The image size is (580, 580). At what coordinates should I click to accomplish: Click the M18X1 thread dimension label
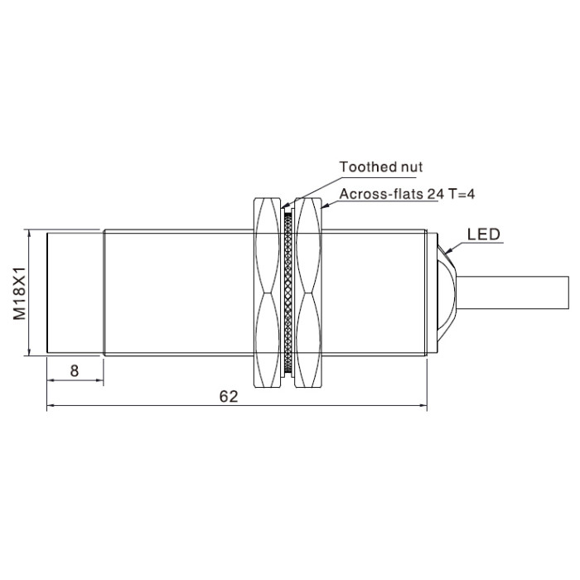(x=20, y=293)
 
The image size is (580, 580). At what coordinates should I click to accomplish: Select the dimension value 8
(x=75, y=370)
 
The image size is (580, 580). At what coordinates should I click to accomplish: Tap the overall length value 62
(x=228, y=397)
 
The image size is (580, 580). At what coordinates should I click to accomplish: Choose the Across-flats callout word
(x=382, y=194)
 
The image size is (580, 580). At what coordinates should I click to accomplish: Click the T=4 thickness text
(x=462, y=194)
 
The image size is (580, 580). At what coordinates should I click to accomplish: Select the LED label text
(x=483, y=234)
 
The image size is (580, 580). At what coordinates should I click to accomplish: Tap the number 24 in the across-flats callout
(x=436, y=194)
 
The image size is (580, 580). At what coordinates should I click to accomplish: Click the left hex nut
(x=267, y=292)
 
